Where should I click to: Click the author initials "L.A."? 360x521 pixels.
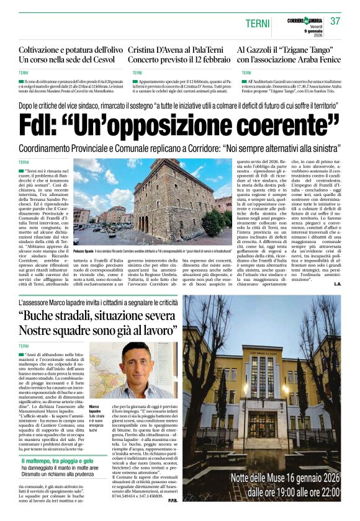click(337, 284)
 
